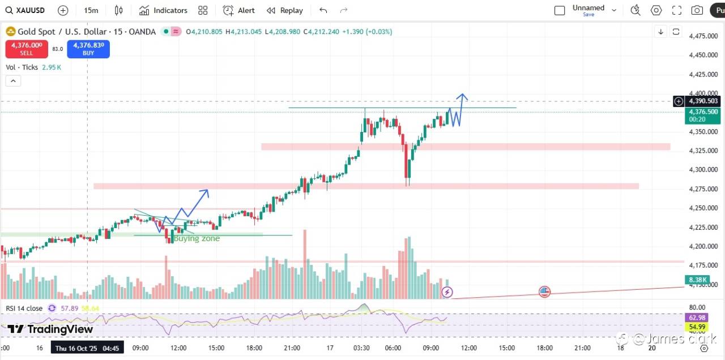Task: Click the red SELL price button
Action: coord(27,49)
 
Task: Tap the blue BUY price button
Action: coord(88,49)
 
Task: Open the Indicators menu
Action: coord(163,10)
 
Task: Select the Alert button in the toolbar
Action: coord(239,10)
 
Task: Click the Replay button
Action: coord(285,10)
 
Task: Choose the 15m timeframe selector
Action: coord(91,10)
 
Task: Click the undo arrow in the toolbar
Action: coord(323,10)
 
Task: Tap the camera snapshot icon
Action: coord(697,10)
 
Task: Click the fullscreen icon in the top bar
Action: coord(677,10)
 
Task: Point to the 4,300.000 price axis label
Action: coord(703,170)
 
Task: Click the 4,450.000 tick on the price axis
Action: coord(703,55)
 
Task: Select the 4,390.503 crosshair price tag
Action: coord(704,101)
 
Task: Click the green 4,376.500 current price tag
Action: coord(704,115)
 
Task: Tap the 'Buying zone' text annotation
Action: coord(197,239)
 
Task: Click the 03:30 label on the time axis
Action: coord(361,348)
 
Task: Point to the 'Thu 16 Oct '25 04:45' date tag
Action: coord(87,348)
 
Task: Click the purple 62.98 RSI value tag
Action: coord(696,318)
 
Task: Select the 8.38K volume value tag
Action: coord(696,280)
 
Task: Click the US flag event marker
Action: coord(544,292)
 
